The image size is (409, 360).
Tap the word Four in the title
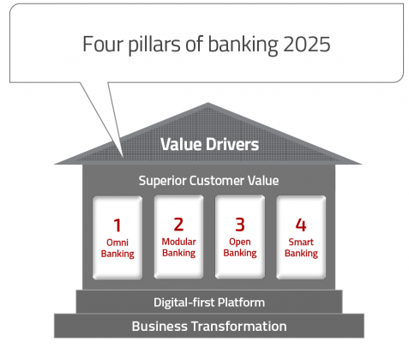pos(103,45)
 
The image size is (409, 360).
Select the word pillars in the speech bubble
pos(154,45)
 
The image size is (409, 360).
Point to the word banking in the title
pos(243,45)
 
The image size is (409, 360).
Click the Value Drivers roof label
pos(209,144)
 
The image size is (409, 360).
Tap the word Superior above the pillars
pos(162,181)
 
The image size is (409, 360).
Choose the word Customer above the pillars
pos(217,181)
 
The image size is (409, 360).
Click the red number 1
pos(117,225)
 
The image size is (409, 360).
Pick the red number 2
pos(178,225)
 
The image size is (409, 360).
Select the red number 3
pos(240,225)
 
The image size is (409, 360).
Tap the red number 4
pos(301,225)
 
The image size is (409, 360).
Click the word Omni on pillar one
pos(117,243)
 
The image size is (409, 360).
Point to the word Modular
pos(179,242)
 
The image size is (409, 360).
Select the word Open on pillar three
pos(240,243)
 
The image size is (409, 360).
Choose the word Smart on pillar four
pos(301,242)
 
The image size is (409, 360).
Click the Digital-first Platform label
pos(209,303)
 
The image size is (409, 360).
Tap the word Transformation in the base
pos(239,327)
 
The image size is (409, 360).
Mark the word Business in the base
pos(159,327)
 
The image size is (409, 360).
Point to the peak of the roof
pos(208,103)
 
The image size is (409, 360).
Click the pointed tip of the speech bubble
pos(123,157)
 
